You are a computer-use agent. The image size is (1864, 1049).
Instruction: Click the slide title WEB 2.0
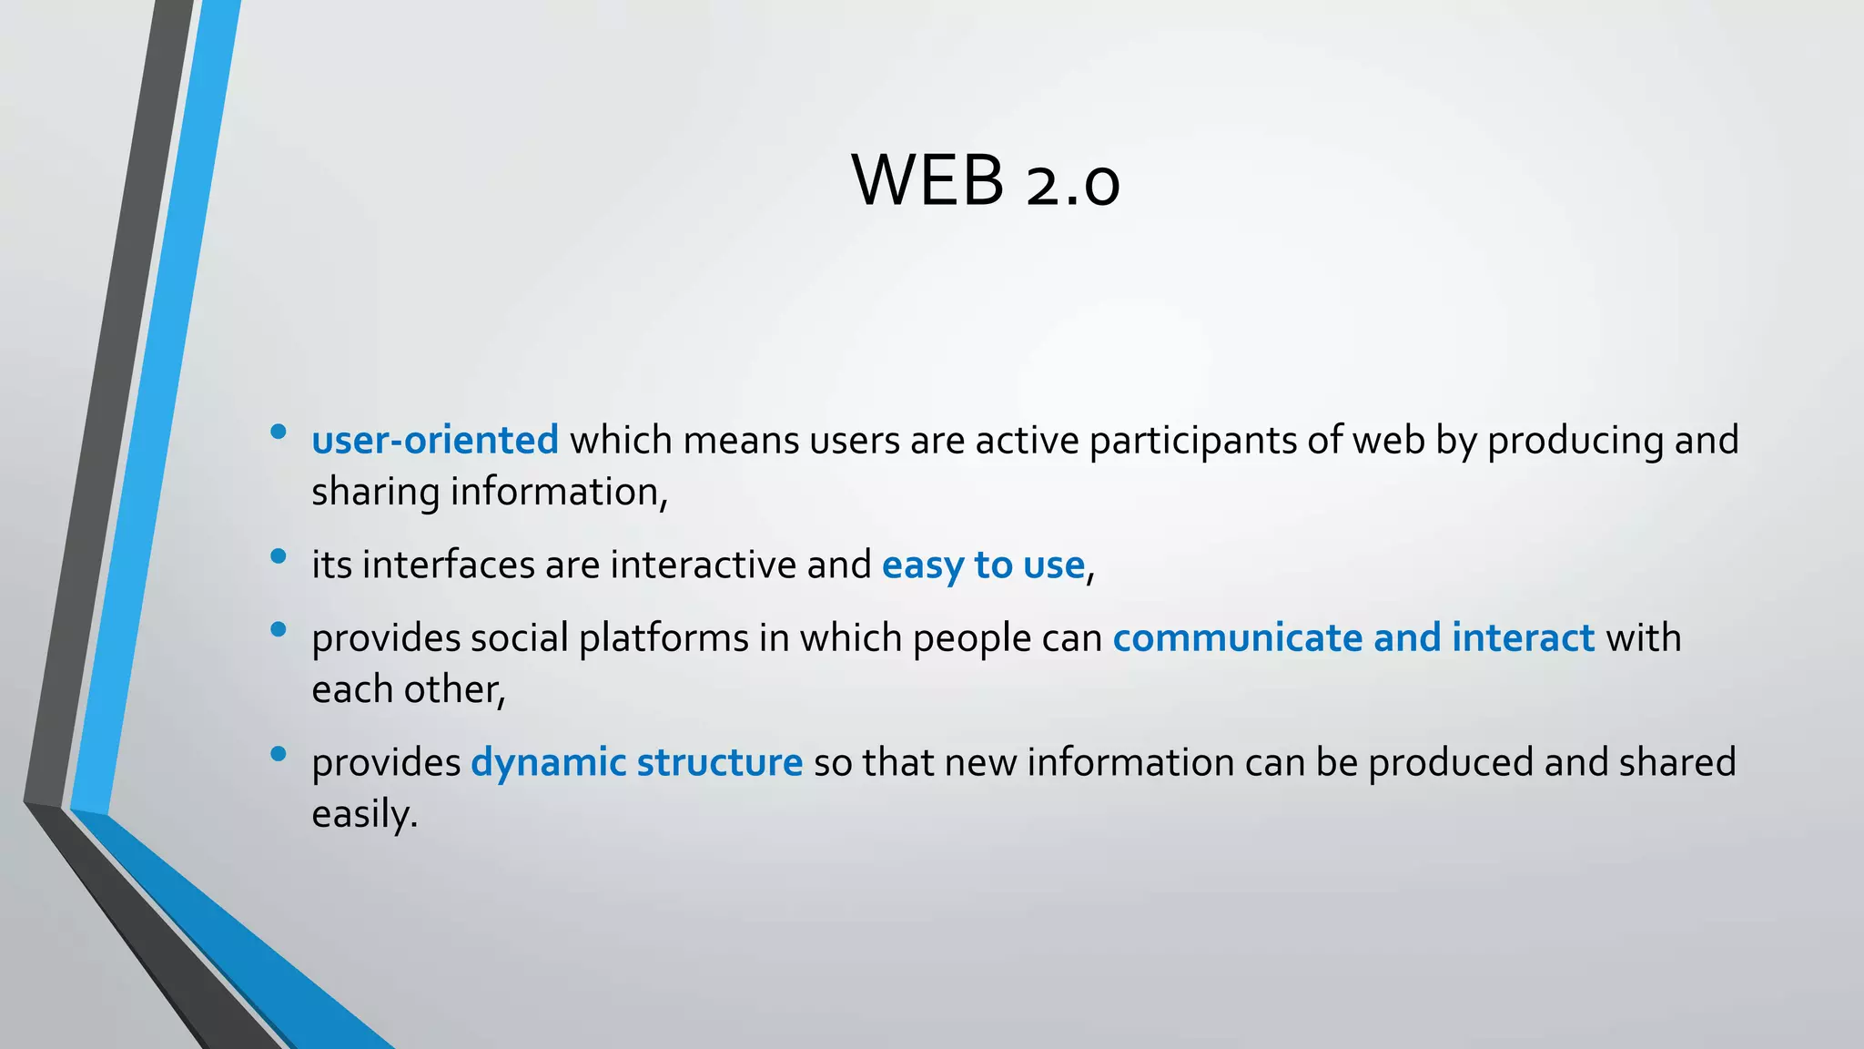pos(986,180)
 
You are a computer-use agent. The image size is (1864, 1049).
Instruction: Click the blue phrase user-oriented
pos(435,441)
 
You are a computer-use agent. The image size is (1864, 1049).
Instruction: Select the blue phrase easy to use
pos(983,565)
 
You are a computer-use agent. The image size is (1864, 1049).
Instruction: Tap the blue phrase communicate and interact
pos(1353,637)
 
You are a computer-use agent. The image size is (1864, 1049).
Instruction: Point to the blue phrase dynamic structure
pos(636,763)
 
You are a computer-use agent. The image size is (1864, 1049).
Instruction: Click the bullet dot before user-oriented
pos(279,432)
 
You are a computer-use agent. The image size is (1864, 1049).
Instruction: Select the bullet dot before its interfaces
pos(279,555)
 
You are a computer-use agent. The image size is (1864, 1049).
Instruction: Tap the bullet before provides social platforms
pos(279,629)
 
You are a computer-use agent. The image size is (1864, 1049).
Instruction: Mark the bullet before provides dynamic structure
pos(279,754)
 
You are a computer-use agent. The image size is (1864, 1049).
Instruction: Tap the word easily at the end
pos(363,814)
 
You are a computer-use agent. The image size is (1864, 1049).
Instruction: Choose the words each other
pos(407,689)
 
